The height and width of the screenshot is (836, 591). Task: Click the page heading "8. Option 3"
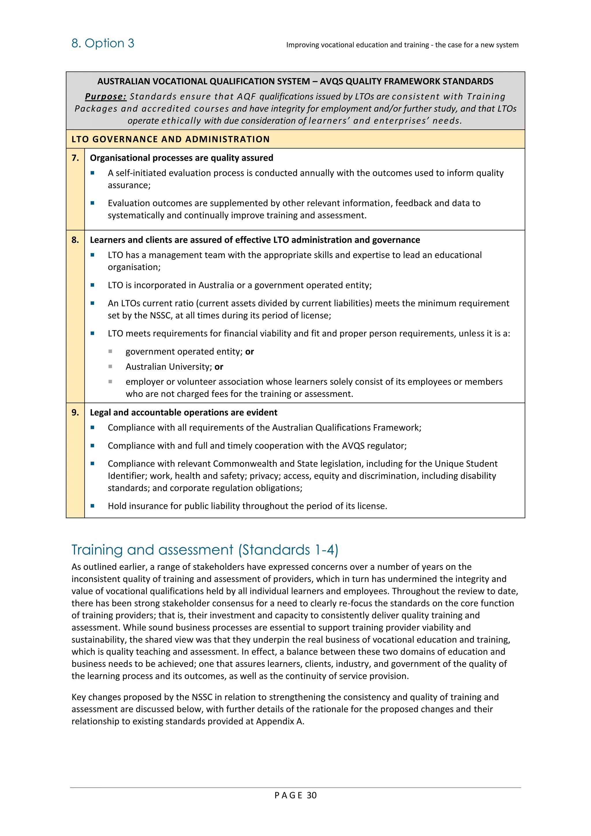point(103,43)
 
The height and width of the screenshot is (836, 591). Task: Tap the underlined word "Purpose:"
point(106,96)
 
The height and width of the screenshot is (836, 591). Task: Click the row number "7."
point(75,158)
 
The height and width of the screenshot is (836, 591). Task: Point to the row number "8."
point(75,240)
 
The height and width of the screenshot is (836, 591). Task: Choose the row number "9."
point(75,412)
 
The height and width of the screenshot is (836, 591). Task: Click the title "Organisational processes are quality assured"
point(181,158)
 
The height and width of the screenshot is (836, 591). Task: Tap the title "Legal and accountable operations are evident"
point(184,412)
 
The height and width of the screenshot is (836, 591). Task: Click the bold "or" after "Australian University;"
point(219,367)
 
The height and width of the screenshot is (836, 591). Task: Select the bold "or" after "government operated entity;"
point(249,351)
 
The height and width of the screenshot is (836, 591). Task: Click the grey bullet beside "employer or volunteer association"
point(110,382)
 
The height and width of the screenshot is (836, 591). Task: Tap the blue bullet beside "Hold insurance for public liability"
point(92,506)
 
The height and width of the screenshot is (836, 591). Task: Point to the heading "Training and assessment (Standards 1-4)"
point(205,550)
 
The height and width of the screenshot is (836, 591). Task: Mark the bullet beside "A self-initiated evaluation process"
point(92,173)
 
